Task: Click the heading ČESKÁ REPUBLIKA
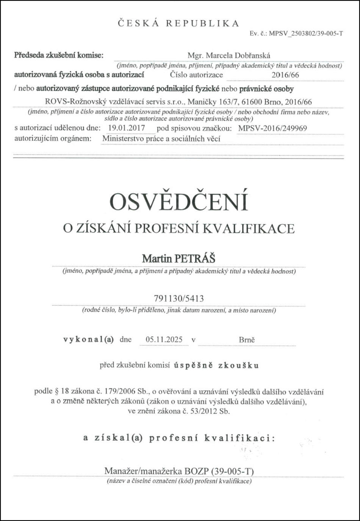[x=178, y=24]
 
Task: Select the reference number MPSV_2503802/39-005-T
[x=306, y=33]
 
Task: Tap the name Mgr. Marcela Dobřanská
[x=229, y=56]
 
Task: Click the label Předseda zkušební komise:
[x=59, y=55]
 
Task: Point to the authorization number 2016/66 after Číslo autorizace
[x=285, y=75]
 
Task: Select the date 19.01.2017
[x=127, y=128]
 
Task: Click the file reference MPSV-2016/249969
[x=272, y=129]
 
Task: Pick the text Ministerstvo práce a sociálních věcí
[x=161, y=139]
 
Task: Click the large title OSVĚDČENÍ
[x=178, y=202]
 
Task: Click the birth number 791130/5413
[x=179, y=299]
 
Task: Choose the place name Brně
[x=247, y=340]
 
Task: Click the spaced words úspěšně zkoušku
[x=216, y=366]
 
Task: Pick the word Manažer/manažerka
[x=143, y=471]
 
